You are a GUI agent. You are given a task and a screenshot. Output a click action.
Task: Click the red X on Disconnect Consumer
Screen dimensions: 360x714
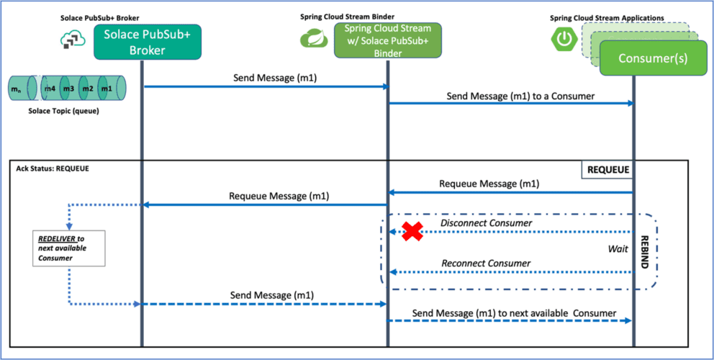click(x=412, y=231)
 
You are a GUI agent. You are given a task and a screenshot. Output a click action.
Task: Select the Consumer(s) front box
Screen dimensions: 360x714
click(x=651, y=58)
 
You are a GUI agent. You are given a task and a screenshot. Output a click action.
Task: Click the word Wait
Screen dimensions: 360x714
click(x=617, y=249)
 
